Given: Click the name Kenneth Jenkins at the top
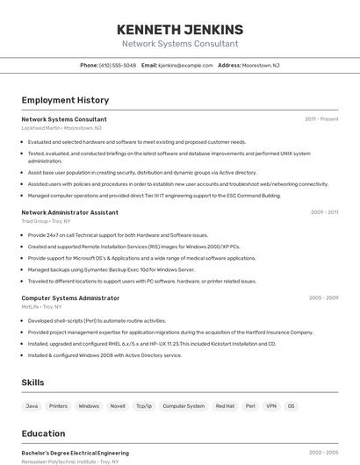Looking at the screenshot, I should (x=179, y=29).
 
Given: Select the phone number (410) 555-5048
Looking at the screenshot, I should (x=118, y=65).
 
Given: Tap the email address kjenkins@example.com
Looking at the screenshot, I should (x=186, y=65).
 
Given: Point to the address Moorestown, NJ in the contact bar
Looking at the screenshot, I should (x=261, y=65).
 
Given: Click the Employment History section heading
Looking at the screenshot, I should (x=65, y=100).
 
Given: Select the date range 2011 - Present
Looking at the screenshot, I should (x=321, y=118).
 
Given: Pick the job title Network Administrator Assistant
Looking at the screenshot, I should (x=69, y=212).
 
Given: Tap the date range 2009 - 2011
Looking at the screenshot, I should (x=324, y=211).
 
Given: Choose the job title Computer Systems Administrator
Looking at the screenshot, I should (x=70, y=298).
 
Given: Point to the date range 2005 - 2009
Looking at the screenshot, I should (x=323, y=297).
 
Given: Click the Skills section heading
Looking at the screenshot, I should (x=32, y=383).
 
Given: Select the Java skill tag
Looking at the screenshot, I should (x=32, y=406).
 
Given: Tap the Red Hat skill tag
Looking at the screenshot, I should (x=225, y=406).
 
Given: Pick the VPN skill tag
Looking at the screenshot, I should (x=271, y=406).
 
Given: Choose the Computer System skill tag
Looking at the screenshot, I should (x=184, y=406).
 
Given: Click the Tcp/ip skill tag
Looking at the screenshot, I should (x=143, y=406).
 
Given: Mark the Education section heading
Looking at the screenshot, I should (x=43, y=433).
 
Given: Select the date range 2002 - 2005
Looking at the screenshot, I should (x=323, y=453).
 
